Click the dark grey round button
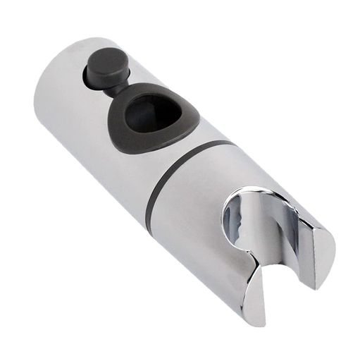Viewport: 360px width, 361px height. (106, 66)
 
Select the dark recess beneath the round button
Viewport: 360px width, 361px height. (94, 78)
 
